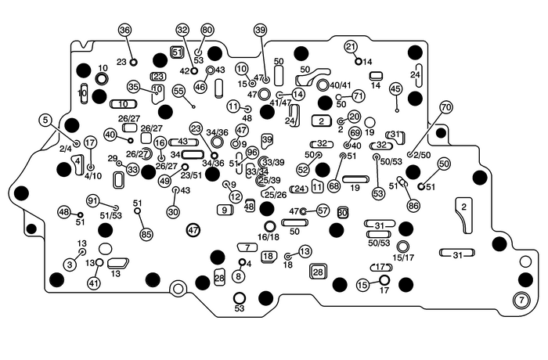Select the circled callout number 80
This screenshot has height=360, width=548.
(207, 30)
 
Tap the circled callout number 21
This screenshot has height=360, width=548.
(351, 47)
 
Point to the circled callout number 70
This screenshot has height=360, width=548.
(446, 107)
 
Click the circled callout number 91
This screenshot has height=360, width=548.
(92, 200)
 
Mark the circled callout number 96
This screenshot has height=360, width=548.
(252, 153)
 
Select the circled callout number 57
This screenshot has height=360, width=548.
(323, 211)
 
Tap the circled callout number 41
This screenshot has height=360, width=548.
(94, 283)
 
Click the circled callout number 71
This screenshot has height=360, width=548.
(359, 95)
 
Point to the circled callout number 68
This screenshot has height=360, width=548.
(333, 186)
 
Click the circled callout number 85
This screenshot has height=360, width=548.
(146, 233)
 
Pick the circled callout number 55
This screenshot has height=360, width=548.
(178, 92)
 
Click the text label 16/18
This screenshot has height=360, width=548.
(268, 236)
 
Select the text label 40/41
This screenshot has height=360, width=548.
(341, 85)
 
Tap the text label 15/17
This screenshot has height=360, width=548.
(403, 257)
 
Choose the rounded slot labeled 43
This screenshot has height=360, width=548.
(182, 142)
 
